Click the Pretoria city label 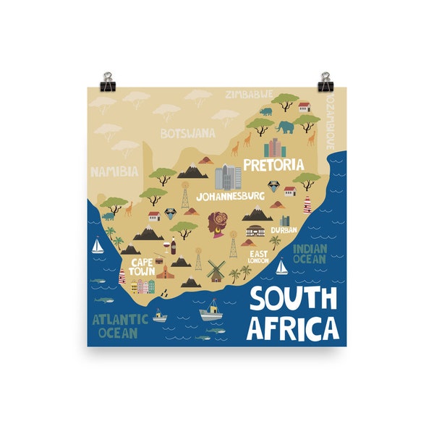273,165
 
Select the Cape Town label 142,267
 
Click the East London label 258,257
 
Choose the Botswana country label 187,133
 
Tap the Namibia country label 114,171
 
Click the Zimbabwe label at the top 250,94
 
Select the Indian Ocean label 310,253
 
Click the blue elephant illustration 285,127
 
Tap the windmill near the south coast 215,271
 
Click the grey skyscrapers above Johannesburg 228,176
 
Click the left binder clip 108,78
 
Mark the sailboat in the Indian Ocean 281,268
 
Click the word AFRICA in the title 292,327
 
